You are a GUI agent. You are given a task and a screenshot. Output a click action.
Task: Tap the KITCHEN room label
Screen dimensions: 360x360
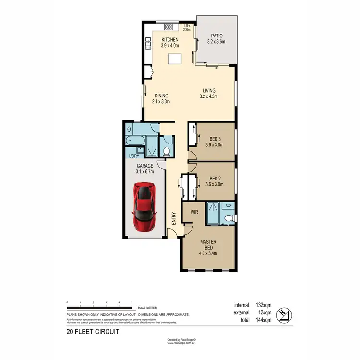[170, 40]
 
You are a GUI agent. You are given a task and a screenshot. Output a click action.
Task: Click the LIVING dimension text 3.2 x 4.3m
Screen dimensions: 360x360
[208, 96]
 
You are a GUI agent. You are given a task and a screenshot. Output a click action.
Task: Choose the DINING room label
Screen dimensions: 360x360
[161, 96]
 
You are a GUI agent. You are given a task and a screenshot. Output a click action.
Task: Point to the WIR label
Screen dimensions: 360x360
[194, 211]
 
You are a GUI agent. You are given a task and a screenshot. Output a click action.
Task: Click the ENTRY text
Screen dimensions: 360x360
[174, 218]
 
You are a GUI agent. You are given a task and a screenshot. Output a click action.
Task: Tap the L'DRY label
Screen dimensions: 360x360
[133, 156]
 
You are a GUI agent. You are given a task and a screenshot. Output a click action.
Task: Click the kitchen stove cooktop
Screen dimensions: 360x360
[169, 26]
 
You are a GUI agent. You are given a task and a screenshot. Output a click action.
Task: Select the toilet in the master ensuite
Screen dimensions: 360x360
[231, 218]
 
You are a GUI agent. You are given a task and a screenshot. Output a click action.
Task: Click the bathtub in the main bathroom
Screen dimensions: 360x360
[133, 141]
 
